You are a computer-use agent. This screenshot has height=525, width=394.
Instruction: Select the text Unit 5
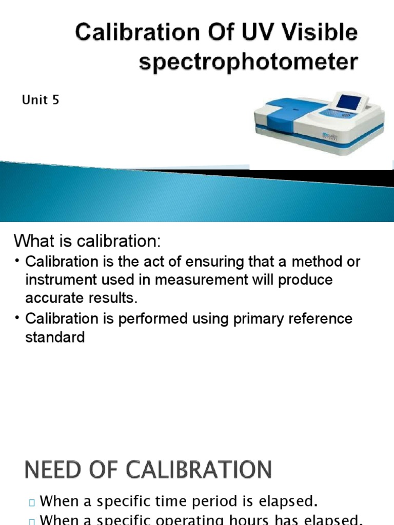41,100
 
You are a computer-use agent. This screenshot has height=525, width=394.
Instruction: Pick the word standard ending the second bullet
55,337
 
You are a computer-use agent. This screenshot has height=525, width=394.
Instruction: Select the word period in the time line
211,500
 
